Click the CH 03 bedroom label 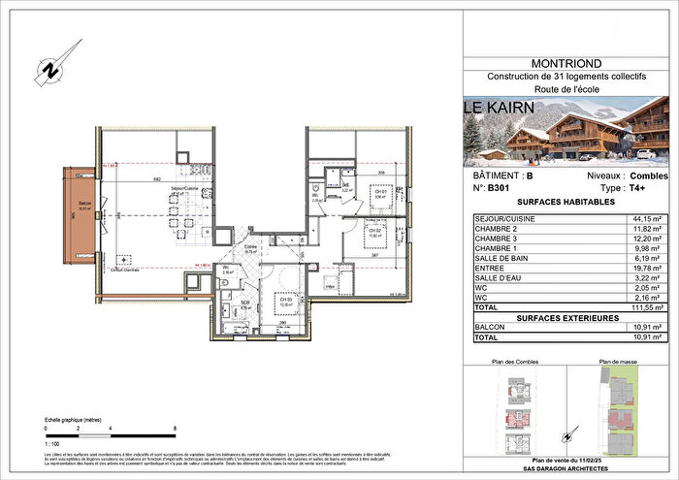pos(283,300)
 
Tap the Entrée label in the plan pos(251,248)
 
